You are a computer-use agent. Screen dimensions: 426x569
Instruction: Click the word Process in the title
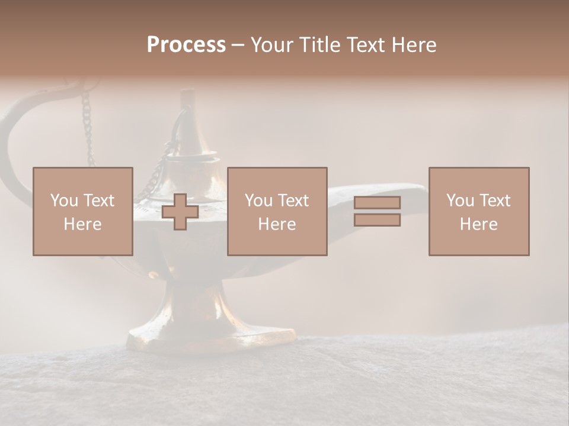[x=186, y=45]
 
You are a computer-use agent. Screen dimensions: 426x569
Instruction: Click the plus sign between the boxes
[x=180, y=212]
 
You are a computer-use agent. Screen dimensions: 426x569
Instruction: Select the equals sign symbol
[x=377, y=211]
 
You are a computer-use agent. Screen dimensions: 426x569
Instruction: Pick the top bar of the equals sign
[x=377, y=202]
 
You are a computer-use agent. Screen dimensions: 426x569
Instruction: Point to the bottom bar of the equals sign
[x=377, y=220]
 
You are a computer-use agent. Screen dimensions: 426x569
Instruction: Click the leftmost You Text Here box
[x=82, y=211]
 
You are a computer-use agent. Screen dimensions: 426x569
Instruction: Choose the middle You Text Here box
[x=277, y=211]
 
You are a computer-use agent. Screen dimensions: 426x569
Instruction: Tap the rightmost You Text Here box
[x=478, y=211]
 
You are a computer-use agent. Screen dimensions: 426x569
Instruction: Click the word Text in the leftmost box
[x=98, y=201]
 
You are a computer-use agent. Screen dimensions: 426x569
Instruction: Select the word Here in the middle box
[x=277, y=224]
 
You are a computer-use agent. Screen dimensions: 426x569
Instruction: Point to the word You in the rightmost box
[x=460, y=201]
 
